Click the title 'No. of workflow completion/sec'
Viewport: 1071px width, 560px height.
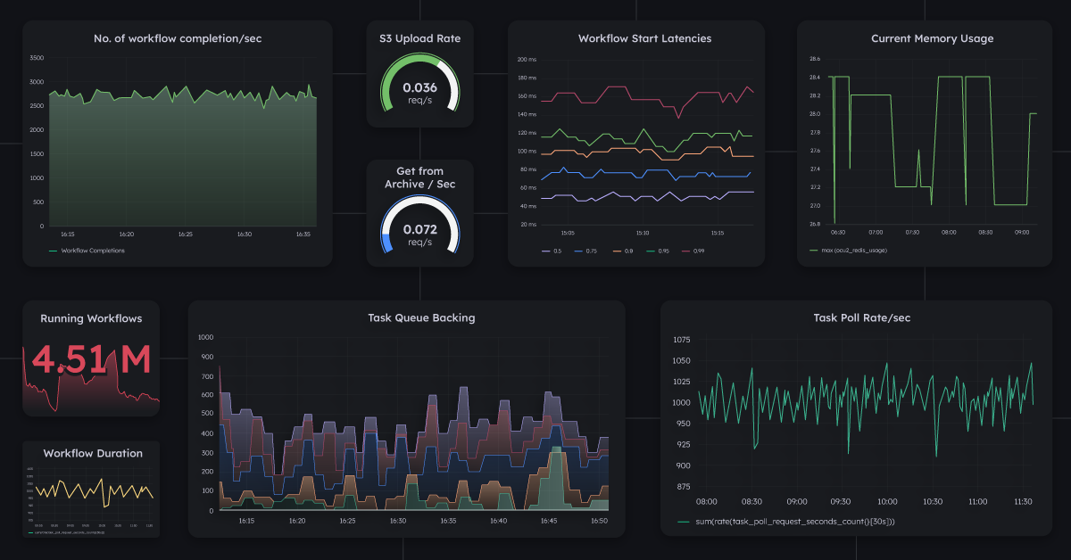click(178, 38)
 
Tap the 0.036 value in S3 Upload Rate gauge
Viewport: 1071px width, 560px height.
click(420, 87)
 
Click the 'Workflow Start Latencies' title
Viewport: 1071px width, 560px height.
click(644, 38)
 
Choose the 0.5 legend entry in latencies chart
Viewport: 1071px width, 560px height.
click(557, 251)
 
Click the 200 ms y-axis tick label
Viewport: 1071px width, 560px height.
click(527, 60)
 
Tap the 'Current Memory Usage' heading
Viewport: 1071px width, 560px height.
click(932, 38)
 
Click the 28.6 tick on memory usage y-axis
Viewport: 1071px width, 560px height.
click(814, 59)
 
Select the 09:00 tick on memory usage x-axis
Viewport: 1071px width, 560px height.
click(1023, 233)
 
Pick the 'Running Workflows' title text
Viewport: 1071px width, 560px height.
click(91, 318)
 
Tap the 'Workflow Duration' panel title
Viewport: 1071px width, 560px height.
click(93, 453)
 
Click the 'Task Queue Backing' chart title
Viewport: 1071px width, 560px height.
click(421, 317)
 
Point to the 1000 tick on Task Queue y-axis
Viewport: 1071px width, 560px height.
click(205, 337)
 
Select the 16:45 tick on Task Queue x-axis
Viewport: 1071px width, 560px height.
click(549, 521)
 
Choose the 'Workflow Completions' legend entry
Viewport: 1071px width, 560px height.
click(93, 251)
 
